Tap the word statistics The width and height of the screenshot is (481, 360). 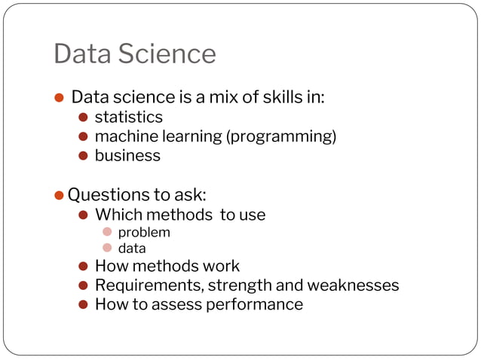point(128,117)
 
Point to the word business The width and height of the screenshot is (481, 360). point(127,156)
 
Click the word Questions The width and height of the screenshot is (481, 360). point(103,195)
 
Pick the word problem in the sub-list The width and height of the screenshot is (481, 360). point(144,232)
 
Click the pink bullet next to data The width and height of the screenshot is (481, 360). point(107,248)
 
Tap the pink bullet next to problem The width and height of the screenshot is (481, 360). point(107,232)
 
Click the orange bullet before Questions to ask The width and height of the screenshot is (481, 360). point(60,195)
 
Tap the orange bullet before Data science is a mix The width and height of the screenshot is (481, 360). point(60,98)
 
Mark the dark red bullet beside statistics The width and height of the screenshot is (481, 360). point(84,117)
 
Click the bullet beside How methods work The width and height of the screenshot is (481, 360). point(84,266)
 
